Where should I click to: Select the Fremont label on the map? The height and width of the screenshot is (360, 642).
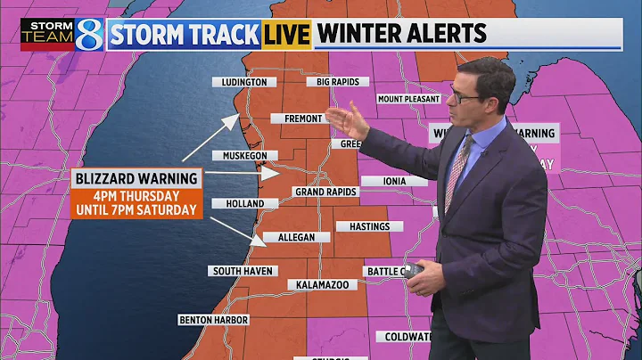(x=302, y=118)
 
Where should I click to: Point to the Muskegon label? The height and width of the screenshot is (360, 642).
(x=239, y=156)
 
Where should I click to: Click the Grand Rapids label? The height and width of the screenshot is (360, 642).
(x=325, y=192)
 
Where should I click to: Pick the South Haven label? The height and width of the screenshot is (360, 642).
(x=243, y=271)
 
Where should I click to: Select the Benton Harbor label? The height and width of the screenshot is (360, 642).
(x=213, y=320)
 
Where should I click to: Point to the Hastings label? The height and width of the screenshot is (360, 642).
(x=369, y=226)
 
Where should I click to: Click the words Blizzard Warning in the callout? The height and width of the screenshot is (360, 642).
(x=134, y=178)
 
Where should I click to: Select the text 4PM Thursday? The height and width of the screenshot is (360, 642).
(x=136, y=196)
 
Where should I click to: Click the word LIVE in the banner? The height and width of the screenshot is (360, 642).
(x=285, y=35)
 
